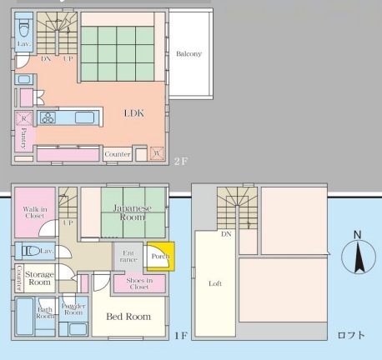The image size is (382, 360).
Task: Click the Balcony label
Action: [x=188, y=53]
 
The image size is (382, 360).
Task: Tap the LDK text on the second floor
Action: [x=134, y=113]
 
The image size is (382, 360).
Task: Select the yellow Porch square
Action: [x=161, y=256]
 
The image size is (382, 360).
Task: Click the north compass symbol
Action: [x=359, y=256]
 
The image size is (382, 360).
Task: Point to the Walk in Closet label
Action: [x=35, y=212]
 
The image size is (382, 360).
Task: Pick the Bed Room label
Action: [x=128, y=317]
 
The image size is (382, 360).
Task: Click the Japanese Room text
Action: [x=133, y=212]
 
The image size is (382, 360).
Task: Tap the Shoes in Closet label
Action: [x=139, y=283]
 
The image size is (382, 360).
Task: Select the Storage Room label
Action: [x=39, y=278]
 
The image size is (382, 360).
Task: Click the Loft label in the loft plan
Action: [x=215, y=283]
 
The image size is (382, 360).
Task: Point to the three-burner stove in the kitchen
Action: [x=48, y=117]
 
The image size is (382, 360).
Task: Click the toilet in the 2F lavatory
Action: [x=24, y=28]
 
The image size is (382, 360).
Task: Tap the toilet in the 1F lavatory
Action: [x=31, y=251]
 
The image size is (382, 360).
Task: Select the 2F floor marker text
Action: [x=181, y=161]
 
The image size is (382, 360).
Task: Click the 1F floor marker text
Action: [x=181, y=336]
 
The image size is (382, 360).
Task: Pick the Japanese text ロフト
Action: [x=351, y=335]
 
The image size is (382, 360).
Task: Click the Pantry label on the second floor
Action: [x=24, y=137]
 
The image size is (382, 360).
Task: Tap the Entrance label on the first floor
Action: [x=128, y=257]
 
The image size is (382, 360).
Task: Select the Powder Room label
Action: [x=73, y=309]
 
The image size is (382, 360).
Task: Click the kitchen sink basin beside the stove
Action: [x=84, y=117]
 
